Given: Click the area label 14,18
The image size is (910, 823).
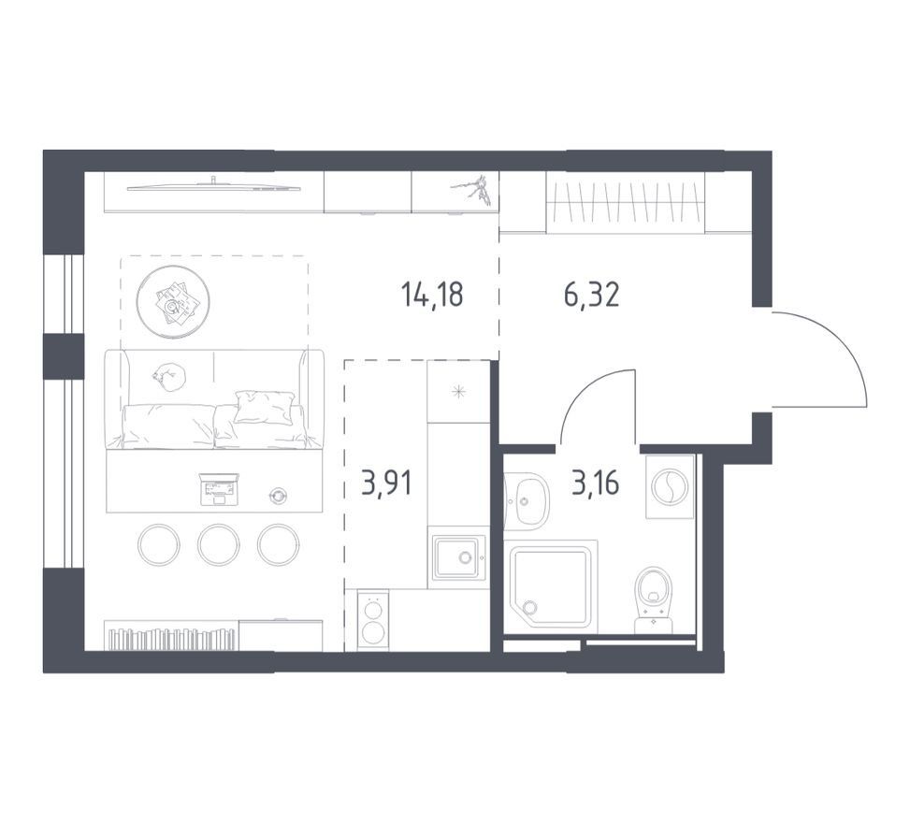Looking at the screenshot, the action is pyautogui.click(x=432, y=295).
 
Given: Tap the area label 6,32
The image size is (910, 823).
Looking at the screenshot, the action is pyautogui.click(x=591, y=295).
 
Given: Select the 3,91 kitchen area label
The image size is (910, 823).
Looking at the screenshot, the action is pyautogui.click(x=386, y=484).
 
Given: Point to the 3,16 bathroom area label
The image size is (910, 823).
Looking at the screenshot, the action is pyautogui.click(x=595, y=483).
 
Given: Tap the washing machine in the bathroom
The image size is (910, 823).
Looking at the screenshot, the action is pyautogui.click(x=670, y=485).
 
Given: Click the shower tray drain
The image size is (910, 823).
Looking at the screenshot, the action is pyautogui.click(x=530, y=608).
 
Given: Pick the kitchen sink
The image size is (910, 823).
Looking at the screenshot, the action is pyautogui.click(x=458, y=557).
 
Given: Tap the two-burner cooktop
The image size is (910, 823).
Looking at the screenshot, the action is pyautogui.click(x=372, y=620).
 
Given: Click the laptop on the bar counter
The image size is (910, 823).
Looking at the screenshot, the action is pyautogui.click(x=219, y=489).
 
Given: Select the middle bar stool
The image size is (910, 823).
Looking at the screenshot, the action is pyautogui.click(x=218, y=545).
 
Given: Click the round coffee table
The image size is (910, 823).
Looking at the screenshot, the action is pyautogui.click(x=174, y=302).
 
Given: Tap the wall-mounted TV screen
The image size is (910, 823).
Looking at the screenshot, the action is pyautogui.click(x=214, y=186).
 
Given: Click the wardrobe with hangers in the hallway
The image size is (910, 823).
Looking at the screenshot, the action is pyautogui.click(x=626, y=203).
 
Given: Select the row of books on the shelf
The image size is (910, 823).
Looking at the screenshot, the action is pyautogui.click(x=174, y=639).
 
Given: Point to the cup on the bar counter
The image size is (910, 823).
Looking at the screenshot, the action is pyautogui.click(x=279, y=495).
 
